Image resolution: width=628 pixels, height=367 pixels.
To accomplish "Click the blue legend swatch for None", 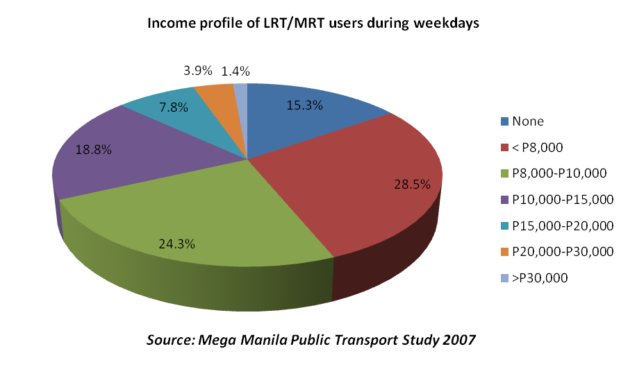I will pos(504,121).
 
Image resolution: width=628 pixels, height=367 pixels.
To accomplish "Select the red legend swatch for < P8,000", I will pos(504,148).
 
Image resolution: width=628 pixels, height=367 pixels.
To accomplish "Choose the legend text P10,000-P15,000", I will pos(562,200).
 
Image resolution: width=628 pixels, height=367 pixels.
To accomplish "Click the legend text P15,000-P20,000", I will pos(562,225).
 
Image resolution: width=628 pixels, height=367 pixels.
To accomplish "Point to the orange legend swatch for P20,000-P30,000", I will pos(504,252).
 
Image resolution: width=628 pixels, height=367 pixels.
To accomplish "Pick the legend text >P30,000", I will pos(540,278).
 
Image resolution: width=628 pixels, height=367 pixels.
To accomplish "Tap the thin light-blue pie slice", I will pos(240,89).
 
